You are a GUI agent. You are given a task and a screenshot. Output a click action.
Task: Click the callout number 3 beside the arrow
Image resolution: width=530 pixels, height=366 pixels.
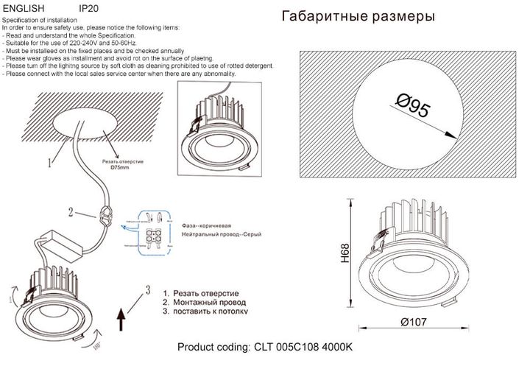(148, 289)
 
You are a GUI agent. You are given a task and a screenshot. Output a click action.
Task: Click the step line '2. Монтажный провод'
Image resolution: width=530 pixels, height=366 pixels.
(205, 302)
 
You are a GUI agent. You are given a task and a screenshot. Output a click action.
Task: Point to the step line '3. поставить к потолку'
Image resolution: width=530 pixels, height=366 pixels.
(205, 312)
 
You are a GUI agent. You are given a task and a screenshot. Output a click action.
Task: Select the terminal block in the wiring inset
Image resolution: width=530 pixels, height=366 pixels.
(155, 237)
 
